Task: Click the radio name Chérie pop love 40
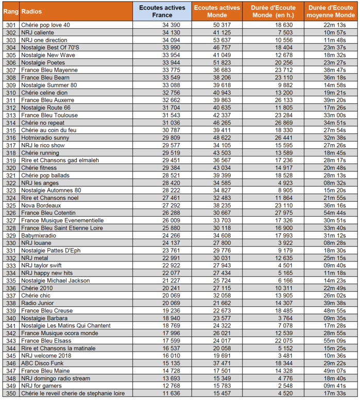[46, 25]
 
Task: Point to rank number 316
[10, 138]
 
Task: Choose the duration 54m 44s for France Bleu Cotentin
[334, 213]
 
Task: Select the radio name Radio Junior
[40, 303]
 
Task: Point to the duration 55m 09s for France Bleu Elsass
[334, 341]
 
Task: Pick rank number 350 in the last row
[10, 393]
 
